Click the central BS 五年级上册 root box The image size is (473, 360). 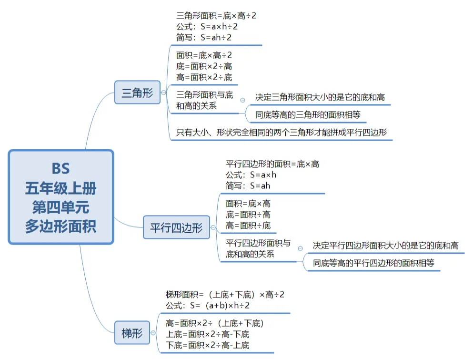coord(61,197)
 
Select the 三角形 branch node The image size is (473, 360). coord(137,93)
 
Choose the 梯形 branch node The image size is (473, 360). coord(132,332)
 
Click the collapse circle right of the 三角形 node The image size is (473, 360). coord(164,93)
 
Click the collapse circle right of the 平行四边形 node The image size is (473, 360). coord(213,228)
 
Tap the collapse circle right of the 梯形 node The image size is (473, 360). coord(153,332)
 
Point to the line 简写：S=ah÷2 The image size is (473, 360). coord(204,37)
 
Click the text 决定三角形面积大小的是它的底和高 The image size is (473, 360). coord(320,97)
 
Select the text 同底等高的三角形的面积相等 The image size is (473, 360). coord(309,114)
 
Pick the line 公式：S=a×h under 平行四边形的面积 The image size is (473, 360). coord(251,175)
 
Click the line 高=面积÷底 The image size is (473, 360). coord(248,225)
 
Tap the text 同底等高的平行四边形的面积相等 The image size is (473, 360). coord(373,263)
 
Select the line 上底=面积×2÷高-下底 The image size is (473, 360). coord(207,334)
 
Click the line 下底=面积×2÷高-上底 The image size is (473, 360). coord(207,345)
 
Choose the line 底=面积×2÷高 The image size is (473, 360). coord(204,66)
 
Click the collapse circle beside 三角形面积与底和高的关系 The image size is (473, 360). coord(242,100)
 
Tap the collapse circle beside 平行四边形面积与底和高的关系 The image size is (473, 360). coord(300,248)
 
